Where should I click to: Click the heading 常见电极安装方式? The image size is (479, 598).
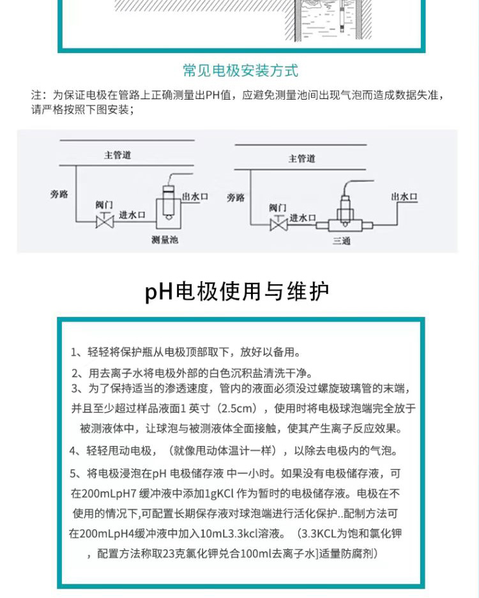[x=240, y=70]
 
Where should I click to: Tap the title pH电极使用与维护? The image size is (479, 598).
[x=237, y=292]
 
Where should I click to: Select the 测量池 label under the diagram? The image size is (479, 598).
[x=164, y=240]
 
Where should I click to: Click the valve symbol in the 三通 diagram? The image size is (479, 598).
[x=277, y=224]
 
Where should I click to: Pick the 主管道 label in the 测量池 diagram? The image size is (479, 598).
[x=118, y=155]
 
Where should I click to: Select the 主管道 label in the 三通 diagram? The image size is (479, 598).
[x=302, y=158]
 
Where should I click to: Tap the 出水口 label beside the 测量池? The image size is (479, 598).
[x=195, y=197]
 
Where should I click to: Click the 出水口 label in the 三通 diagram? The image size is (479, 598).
[x=404, y=197]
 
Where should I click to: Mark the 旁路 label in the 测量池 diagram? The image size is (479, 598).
[x=58, y=194]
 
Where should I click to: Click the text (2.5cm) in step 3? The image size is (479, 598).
[x=241, y=408]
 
